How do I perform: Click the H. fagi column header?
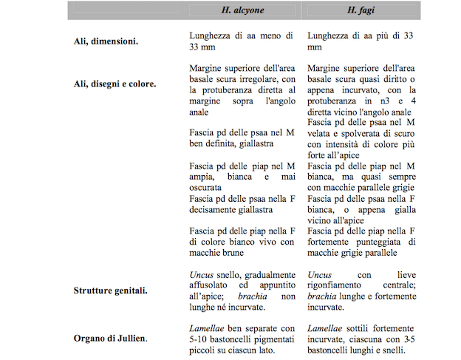(x=358, y=10)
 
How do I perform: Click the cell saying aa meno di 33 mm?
(x=240, y=41)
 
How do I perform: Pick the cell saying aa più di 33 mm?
(x=359, y=41)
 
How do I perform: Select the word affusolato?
(x=213, y=285)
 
